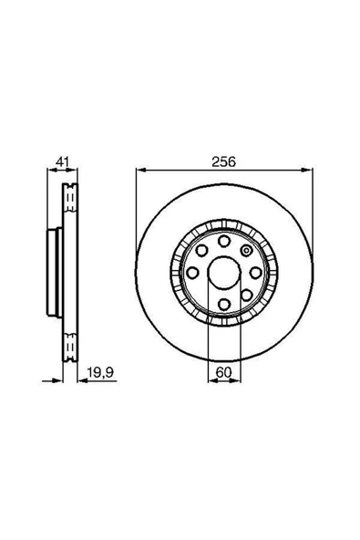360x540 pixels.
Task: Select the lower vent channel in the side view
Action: pos(67,344)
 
